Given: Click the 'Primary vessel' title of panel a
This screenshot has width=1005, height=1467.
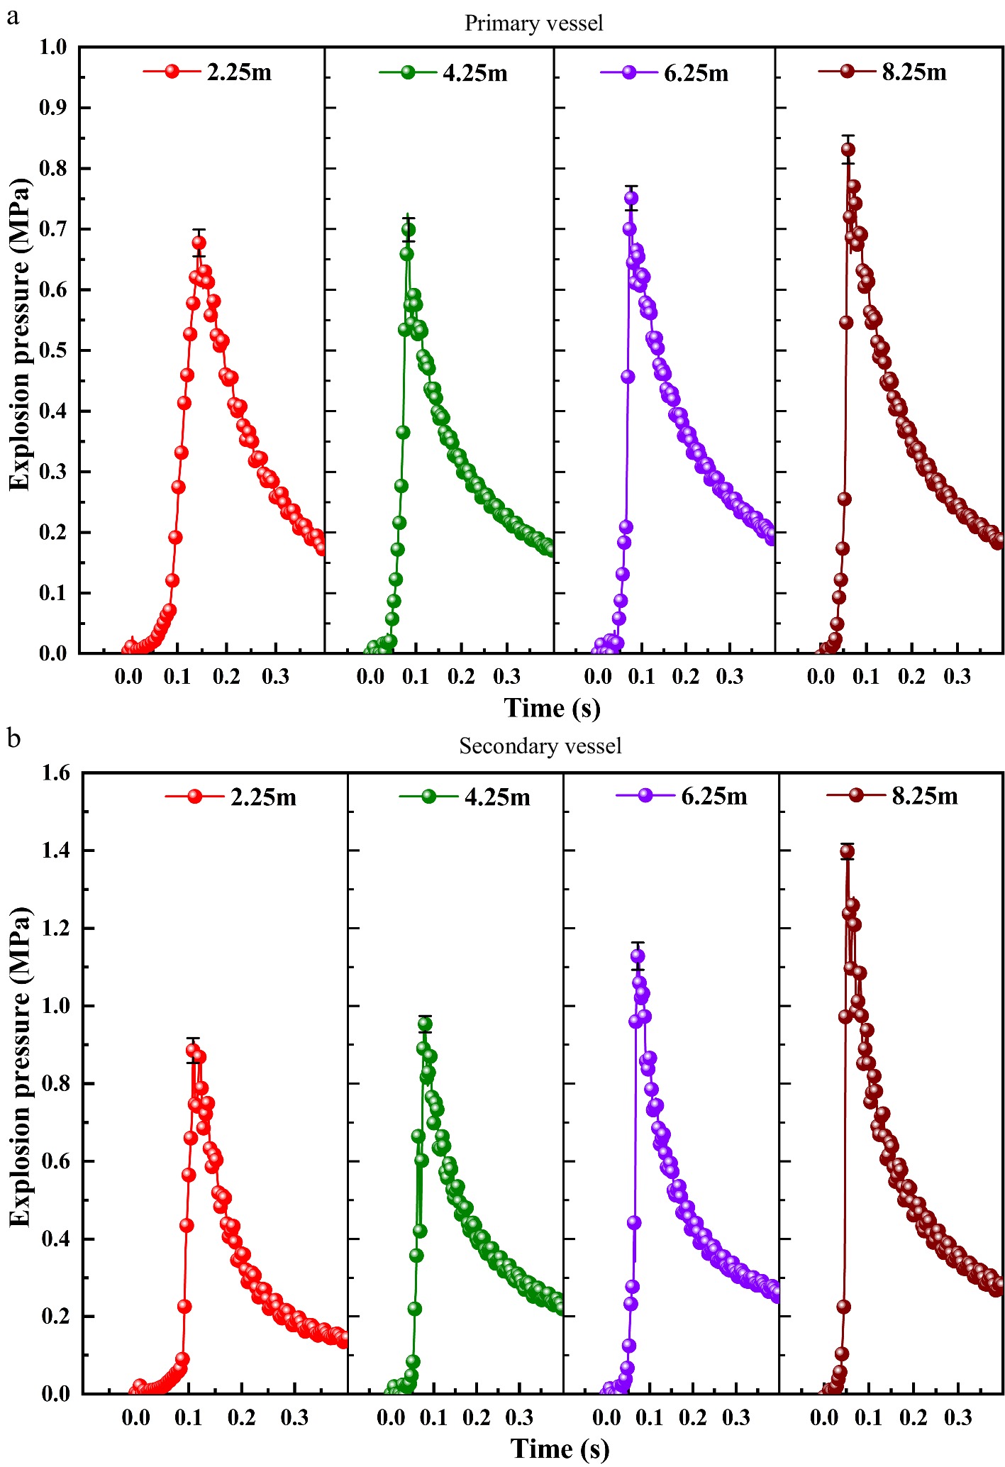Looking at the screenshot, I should (533, 23).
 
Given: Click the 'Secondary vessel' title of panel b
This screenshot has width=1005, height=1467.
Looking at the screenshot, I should (540, 746).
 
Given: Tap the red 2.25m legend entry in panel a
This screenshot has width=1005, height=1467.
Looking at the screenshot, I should (208, 72).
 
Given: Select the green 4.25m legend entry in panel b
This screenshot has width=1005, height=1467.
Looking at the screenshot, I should (465, 797).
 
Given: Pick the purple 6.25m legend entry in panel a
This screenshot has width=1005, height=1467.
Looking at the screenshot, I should (665, 73).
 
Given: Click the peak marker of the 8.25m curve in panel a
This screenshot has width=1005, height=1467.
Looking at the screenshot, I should (848, 150).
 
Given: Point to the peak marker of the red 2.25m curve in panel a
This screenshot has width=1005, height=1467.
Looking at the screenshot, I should (199, 243).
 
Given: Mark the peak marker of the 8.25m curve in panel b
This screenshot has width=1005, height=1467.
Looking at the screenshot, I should (847, 852).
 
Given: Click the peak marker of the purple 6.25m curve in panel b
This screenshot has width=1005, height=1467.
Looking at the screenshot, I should (638, 956).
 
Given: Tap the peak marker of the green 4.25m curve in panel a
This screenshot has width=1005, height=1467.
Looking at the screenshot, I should (409, 230).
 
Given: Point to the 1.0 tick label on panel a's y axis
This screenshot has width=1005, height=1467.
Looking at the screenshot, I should (52, 48).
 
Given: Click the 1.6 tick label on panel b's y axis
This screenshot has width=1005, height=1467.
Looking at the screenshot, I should (55, 773).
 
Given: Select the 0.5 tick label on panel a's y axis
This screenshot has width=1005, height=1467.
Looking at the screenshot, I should (52, 350).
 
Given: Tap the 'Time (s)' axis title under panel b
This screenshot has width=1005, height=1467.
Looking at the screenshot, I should (560, 1449).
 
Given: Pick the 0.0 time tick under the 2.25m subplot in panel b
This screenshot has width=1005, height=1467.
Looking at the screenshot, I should (135, 1418).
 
